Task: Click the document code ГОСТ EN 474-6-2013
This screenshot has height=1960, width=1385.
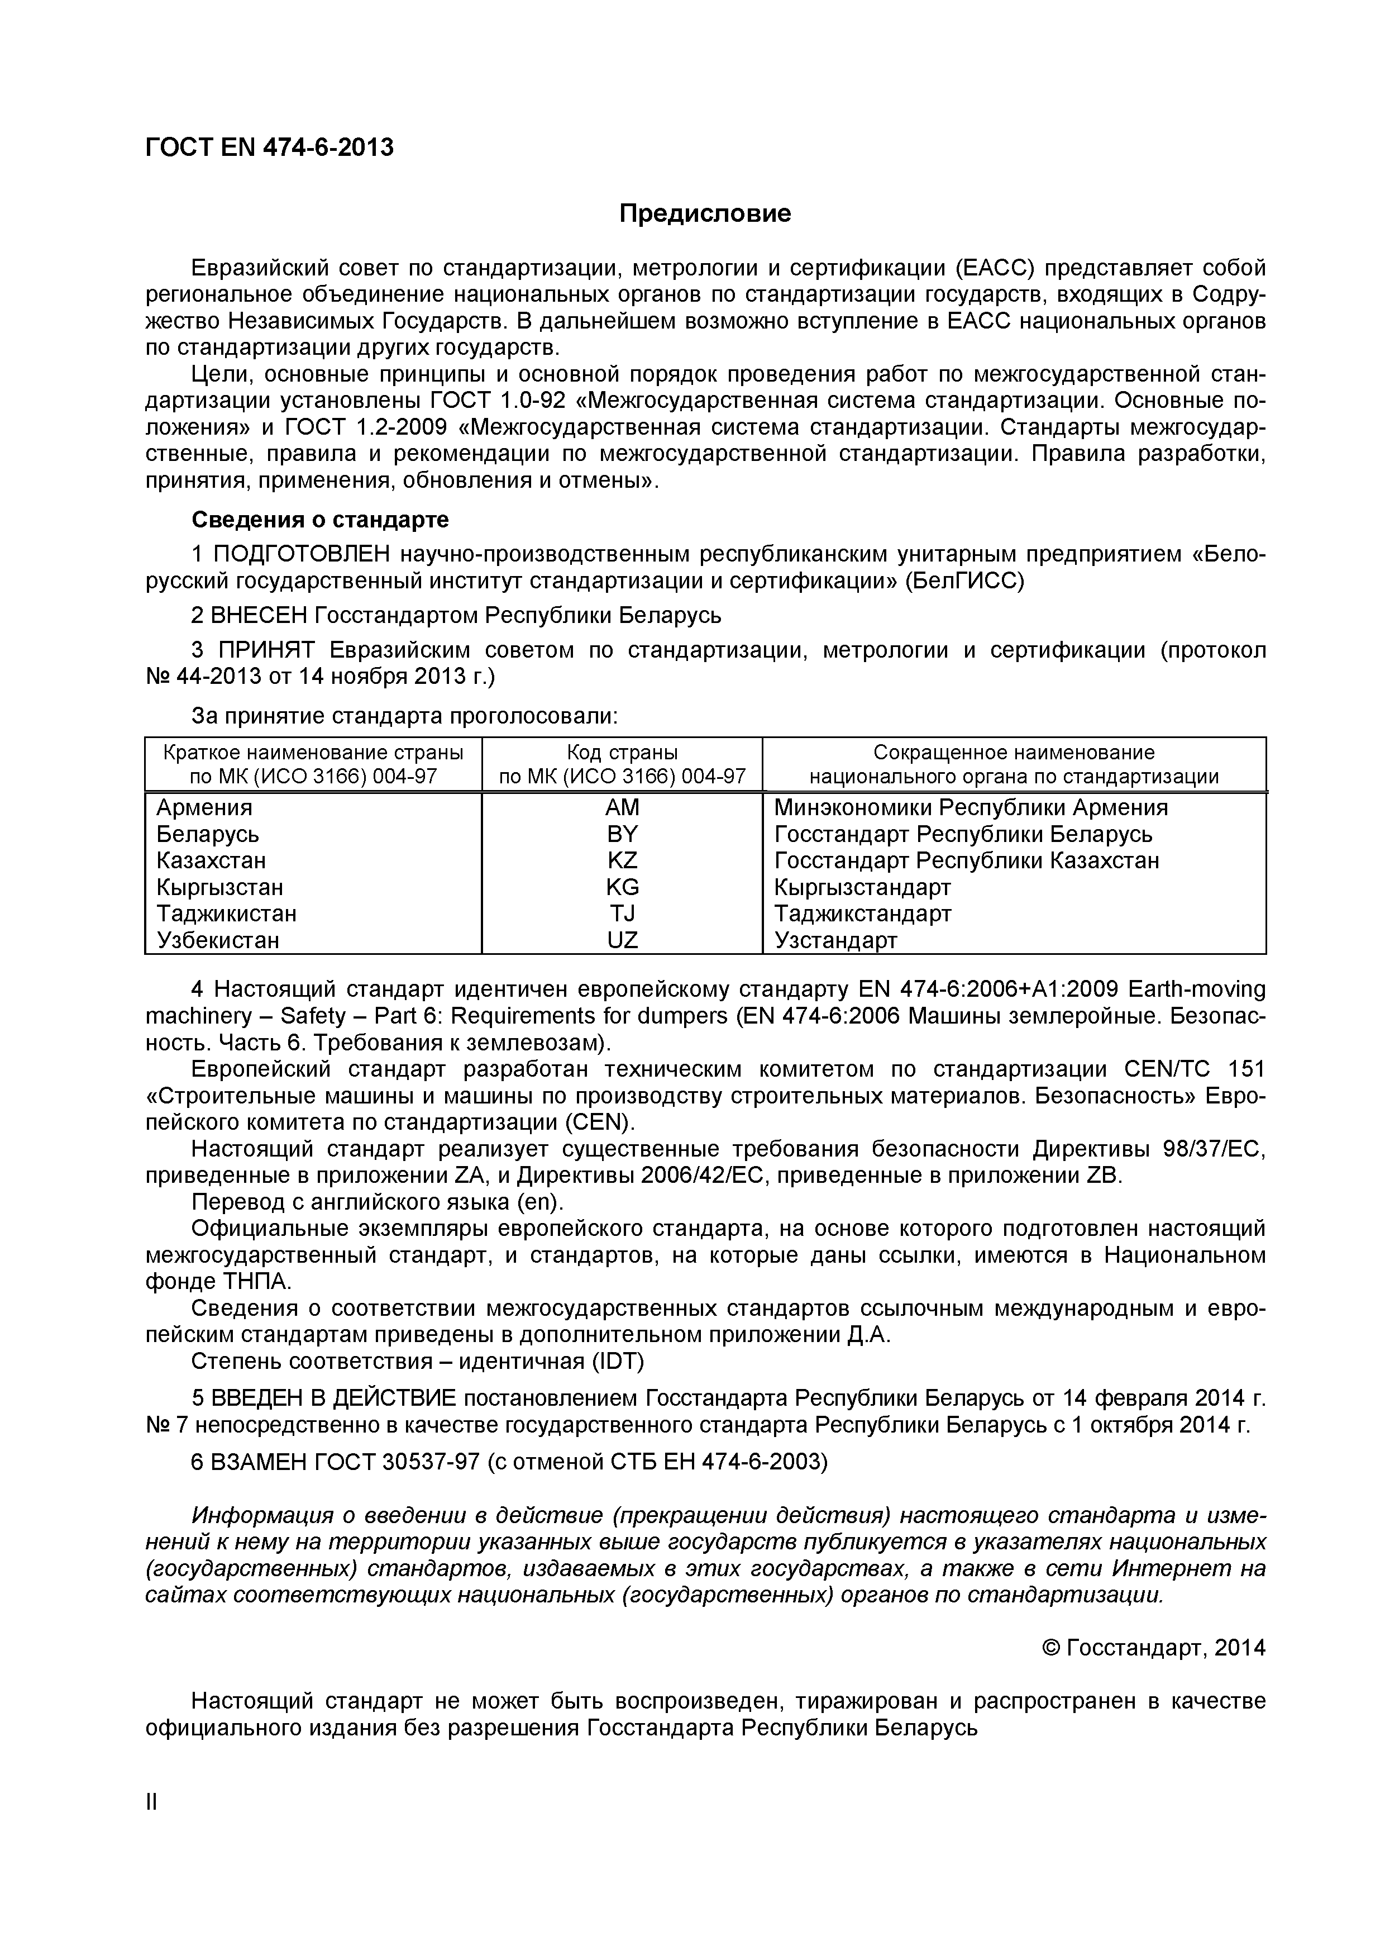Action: pyautogui.click(x=270, y=148)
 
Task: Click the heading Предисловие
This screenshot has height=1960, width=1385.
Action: pyautogui.click(x=705, y=213)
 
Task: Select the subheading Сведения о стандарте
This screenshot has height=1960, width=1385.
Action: pyautogui.click(x=320, y=520)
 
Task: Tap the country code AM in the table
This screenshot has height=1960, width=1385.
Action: pyautogui.click(x=622, y=807)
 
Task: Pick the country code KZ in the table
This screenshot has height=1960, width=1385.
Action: pyautogui.click(x=622, y=860)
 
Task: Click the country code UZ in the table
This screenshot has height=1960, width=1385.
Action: pyautogui.click(x=622, y=941)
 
